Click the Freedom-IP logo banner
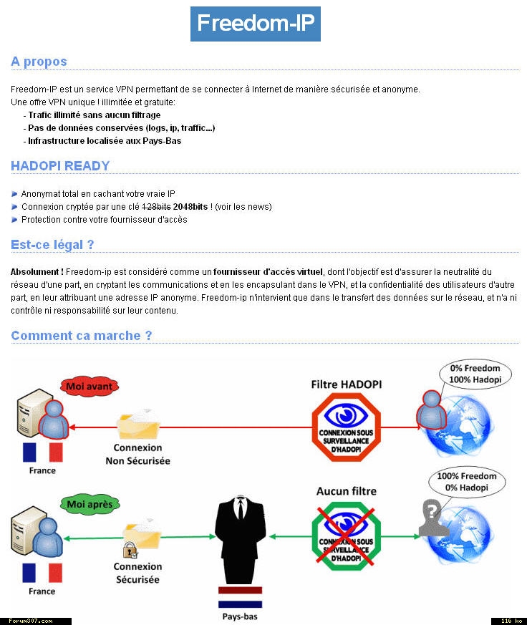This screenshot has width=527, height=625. [x=255, y=23]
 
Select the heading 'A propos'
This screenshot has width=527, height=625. [x=39, y=62]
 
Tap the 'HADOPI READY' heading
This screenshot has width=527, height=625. [x=60, y=166]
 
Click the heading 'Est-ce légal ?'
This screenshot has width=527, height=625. [x=52, y=245]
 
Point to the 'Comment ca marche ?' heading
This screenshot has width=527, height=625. [x=82, y=336]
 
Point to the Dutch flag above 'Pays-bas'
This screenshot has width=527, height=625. [x=241, y=596]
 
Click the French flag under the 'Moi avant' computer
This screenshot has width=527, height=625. [x=42, y=452]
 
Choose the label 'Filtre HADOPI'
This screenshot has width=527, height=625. [x=347, y=384]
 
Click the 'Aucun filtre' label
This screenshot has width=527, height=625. [x=346, y=491]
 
